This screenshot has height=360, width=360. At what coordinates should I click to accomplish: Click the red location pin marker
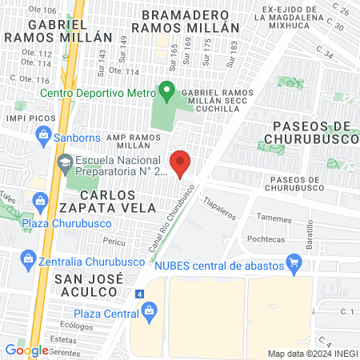click(181, 164)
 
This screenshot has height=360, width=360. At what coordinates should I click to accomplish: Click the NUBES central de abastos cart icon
click(294, 260)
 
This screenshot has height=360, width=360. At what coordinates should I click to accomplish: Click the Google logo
click(26, 350)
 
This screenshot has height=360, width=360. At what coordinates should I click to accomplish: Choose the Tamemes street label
click(274, 218)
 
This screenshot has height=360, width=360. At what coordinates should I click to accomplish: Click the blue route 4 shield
click(140, 294)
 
